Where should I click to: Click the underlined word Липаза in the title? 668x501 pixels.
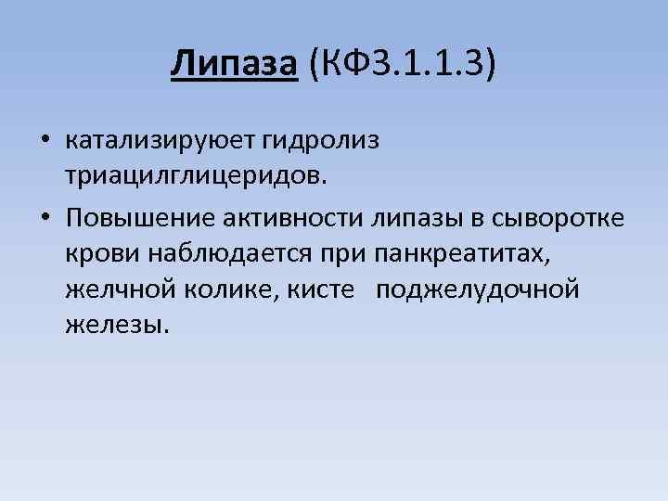tap(234, 65)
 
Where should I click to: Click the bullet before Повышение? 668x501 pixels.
tap(45, 218)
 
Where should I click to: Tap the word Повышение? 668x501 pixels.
tap(138, 218)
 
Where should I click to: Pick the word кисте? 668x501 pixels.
tap(322, 290)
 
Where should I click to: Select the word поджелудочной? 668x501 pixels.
tap(478, 290)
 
